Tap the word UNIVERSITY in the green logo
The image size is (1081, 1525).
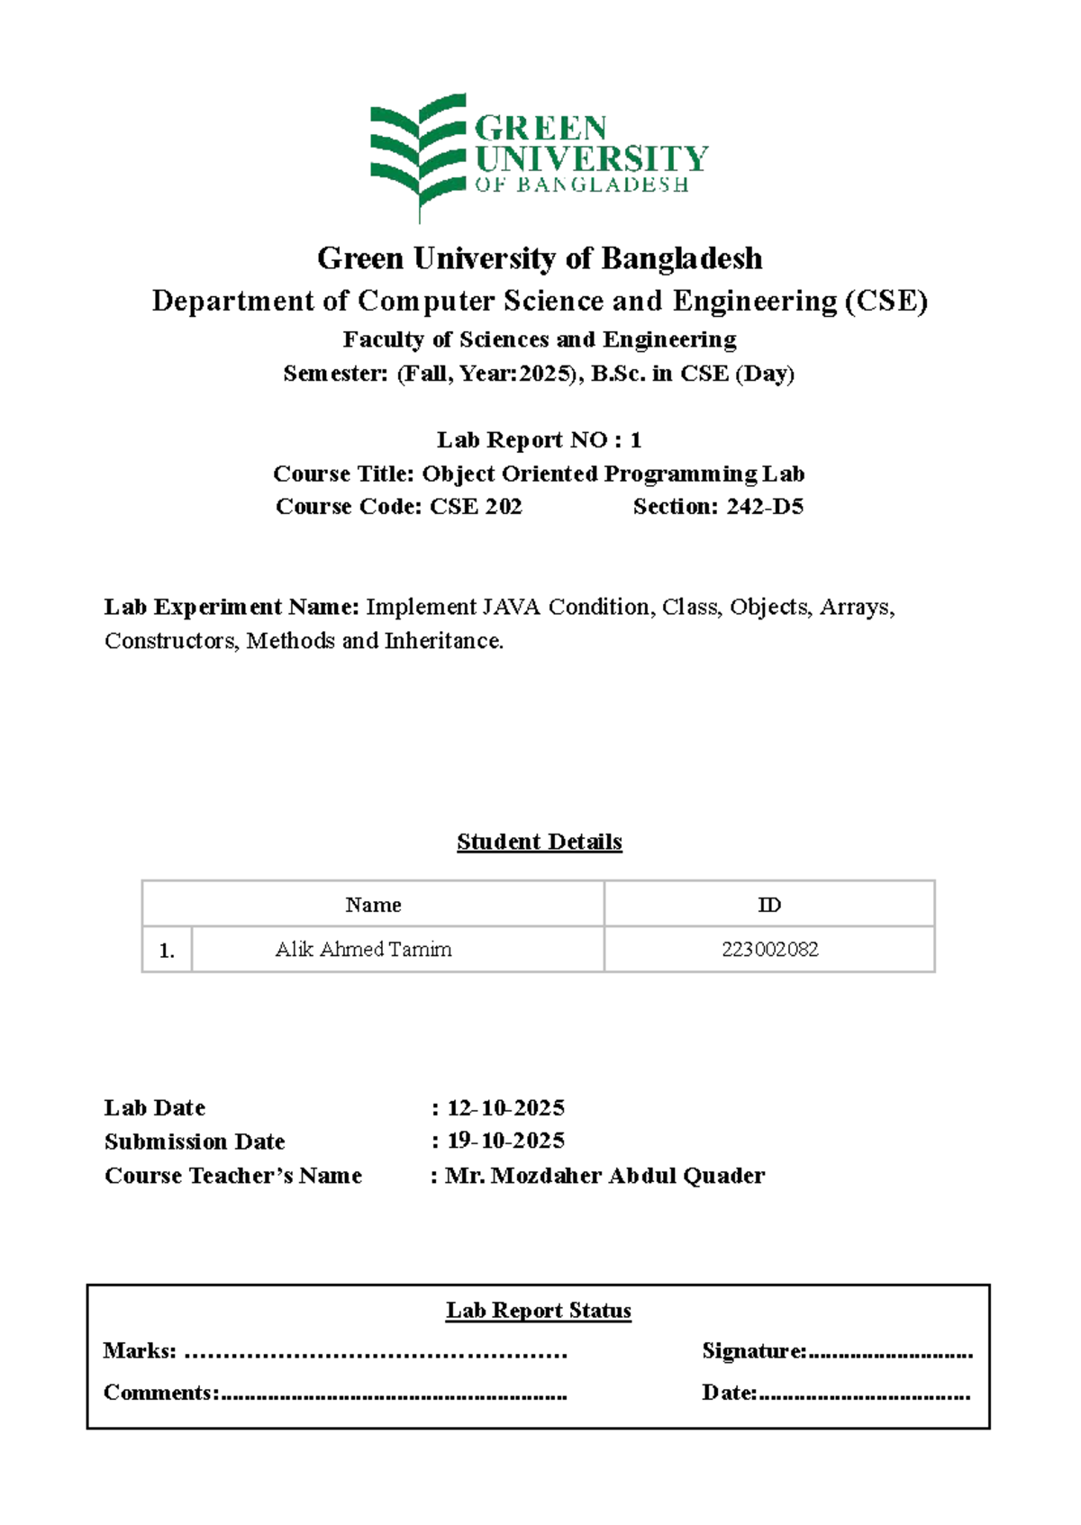[591, 159]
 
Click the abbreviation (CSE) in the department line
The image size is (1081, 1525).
[886, 301]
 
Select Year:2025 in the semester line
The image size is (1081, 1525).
[516, 374]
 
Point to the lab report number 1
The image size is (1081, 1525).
[635, 440]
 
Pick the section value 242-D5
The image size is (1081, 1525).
[765, 507]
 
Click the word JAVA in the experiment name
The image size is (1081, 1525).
[512, 608]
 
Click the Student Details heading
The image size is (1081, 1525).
[539, 842]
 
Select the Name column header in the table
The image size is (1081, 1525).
[373, 905]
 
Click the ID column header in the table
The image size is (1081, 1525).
[769, 905]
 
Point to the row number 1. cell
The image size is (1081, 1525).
[167, 951]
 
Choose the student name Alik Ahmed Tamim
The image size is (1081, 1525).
[363, 950]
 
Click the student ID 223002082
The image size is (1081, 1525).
[769, 950]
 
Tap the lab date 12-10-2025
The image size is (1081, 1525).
[505, 1108]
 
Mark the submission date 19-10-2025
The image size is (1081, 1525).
[505, 1141]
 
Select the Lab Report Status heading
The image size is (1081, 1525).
[539, 1311]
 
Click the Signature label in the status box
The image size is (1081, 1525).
[753, 1351]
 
